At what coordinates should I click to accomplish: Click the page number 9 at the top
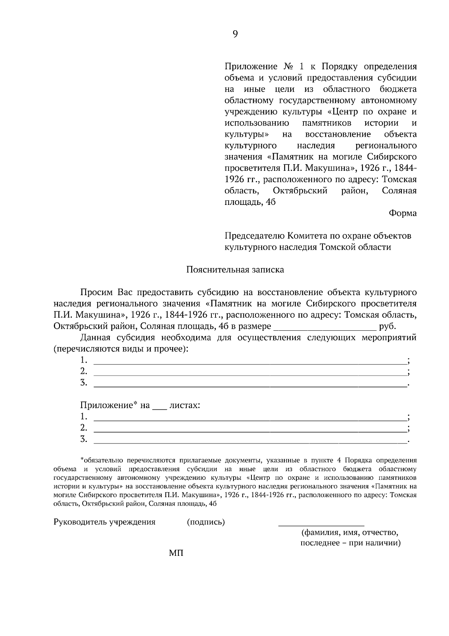(x=235, y=34)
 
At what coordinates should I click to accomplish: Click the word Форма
(x=403, y=213)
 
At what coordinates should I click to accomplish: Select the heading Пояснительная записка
(x=235, y=270)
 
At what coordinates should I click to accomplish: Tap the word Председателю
(x=254, y=236)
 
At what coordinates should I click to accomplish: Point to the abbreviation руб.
(x=387, y=326)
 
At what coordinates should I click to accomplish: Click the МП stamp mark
(x=176, y=553)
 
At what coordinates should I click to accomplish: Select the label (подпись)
(x=206, y=522)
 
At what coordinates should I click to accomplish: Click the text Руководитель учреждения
(x=104, y=522)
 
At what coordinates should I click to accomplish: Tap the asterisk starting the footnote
(x=82, y=459)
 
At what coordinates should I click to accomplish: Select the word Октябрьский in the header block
(x=300, y=191)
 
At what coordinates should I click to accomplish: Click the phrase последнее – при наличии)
(x=350, y=543)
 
